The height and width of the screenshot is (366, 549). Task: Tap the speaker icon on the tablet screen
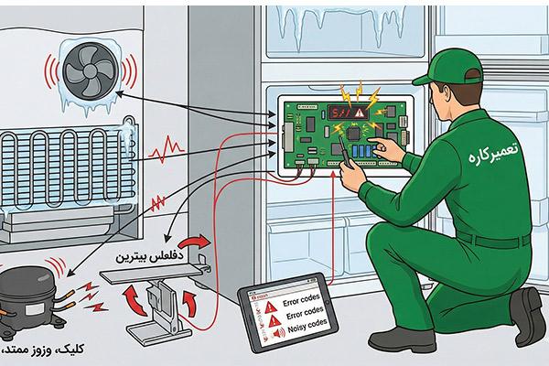point(274,324)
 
